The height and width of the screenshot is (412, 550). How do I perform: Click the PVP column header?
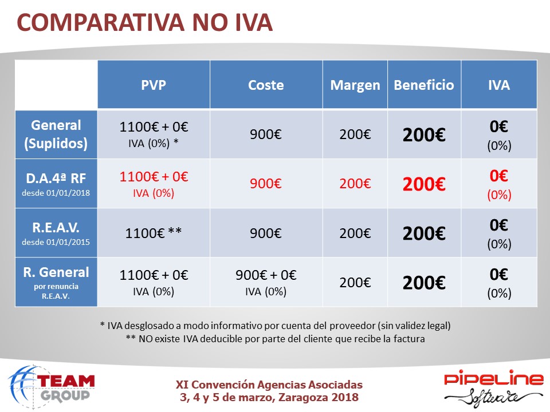[x=154, y=85]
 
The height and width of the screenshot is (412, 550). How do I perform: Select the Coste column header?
[x=266, y=85]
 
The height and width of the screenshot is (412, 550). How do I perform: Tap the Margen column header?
[x=355, y=85]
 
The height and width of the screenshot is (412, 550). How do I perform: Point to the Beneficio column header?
[x=424, y=85]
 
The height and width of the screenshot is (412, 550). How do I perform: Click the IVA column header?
[x=499, y=85]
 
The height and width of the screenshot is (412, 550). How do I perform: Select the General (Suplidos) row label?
[x=56, y=134]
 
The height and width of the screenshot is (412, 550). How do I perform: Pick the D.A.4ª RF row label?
[x=56, y=184]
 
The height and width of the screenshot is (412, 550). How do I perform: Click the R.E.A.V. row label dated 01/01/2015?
[x=56, y=233]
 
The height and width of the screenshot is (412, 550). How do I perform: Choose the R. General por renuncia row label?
[x=56, y=282]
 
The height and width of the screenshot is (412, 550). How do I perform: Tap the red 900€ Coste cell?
[x=266, y=184]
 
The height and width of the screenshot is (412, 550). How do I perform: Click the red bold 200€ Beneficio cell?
[x=424, y=184]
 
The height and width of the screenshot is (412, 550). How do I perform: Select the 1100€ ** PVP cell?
[x=154, y=233]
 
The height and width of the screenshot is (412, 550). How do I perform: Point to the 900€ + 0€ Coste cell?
[x=266, y=282]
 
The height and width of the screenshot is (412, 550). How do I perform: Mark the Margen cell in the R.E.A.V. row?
[x=355, y=233]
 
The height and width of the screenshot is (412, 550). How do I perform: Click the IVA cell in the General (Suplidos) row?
[x=499, y=135]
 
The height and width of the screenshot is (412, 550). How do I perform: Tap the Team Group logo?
[x=52, y=386]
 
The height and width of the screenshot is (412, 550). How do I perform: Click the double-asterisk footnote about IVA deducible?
[x=276, y=339]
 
